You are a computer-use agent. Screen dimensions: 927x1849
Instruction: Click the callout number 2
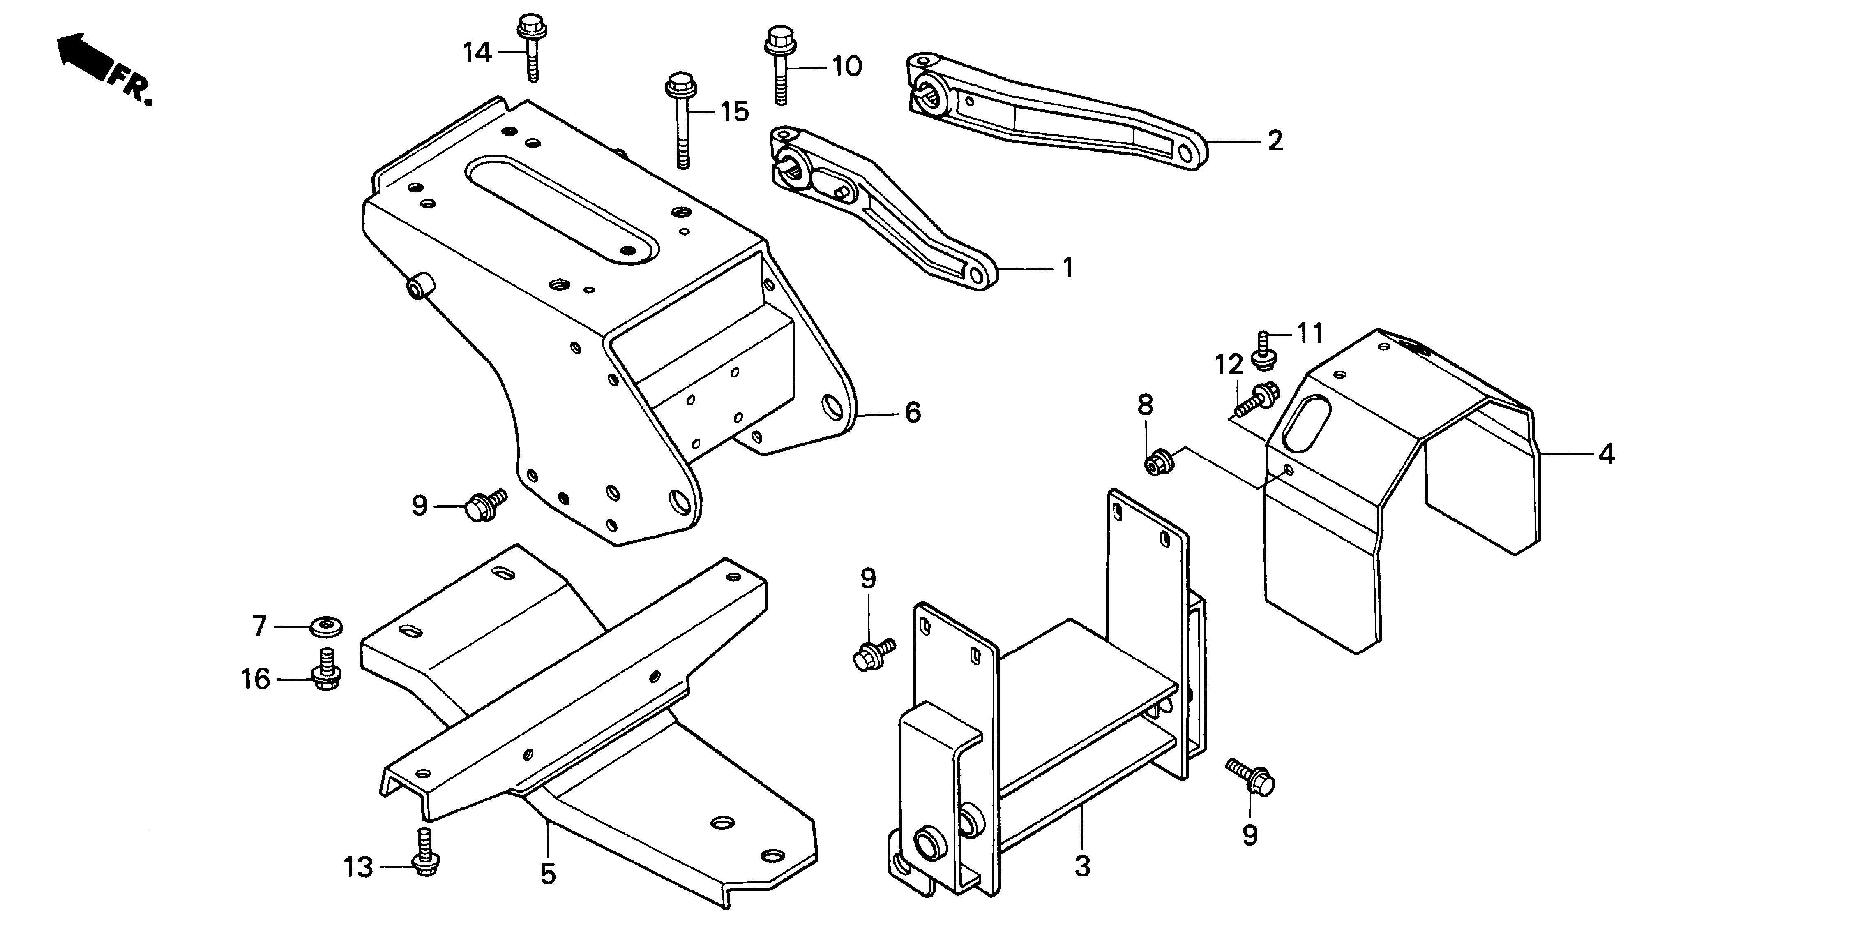[x=1274, y=141]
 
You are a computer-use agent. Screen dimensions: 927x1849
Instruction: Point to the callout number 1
[x=1068, y=268]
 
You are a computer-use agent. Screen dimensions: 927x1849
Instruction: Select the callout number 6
[x=912, y=413]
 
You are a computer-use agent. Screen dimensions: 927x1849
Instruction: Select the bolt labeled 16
[x=327, y=669]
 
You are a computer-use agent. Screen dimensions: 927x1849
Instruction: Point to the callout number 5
[x=549, y=874]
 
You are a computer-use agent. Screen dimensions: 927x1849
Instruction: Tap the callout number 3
[x=1082, y=867]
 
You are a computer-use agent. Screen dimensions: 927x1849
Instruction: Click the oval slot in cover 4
[x=1306, y=424]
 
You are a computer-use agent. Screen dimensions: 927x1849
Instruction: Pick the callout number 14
[x=477, y=53]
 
